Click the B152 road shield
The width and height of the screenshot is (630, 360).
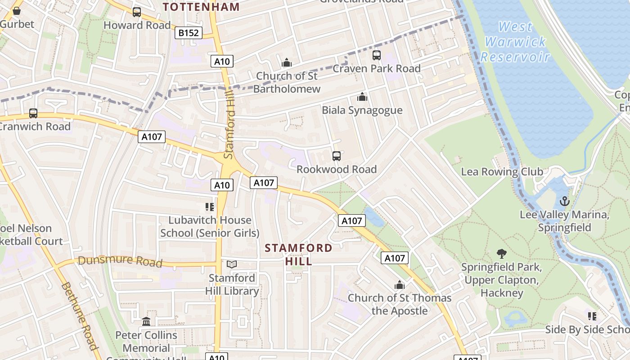pos(189,33)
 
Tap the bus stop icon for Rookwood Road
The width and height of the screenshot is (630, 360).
pos(336,156)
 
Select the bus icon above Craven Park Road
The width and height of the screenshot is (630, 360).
pos(376,55)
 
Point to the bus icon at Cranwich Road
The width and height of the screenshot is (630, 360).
pos(33,113)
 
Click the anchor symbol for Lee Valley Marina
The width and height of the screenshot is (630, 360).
pos(564,201)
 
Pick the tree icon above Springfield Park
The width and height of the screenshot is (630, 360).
pos(501,254)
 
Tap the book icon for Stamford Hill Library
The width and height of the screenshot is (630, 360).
pos(232,265)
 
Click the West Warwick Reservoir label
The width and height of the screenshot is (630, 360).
pos(515,42)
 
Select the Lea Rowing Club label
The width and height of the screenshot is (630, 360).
pos(502,171)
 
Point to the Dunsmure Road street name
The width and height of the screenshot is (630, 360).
pos(120,261)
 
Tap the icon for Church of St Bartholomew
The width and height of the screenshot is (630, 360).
pos(286,63)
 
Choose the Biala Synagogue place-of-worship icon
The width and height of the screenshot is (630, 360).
pos(362,97)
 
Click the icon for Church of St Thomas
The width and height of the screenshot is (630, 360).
pos(399,285)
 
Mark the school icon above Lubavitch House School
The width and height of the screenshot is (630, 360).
pos(209,207)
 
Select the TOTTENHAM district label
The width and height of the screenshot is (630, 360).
pos(201,7)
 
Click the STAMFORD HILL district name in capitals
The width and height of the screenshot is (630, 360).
pos(298,254)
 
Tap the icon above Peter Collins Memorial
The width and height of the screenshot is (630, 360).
pos(146,322)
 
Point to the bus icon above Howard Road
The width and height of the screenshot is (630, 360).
pos(137,12)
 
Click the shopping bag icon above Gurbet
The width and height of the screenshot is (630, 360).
pos(17,11)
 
